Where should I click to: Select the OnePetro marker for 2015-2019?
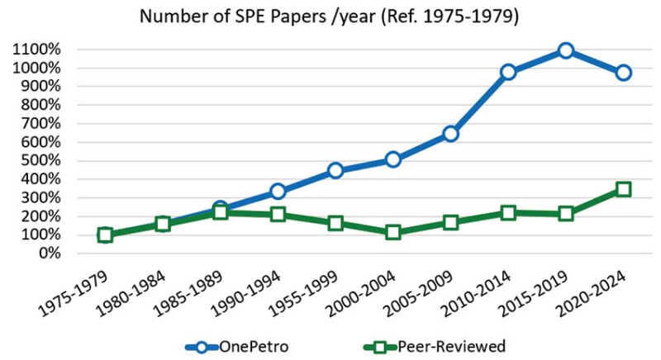(565, 51)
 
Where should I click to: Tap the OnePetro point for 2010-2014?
(508, 72)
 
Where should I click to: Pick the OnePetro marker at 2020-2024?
(623, 73)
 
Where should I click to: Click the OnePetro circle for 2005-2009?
(450, 133)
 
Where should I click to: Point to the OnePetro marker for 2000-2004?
(393, 159)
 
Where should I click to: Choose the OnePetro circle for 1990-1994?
(278, 192)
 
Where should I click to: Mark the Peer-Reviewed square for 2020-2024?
(623, 189)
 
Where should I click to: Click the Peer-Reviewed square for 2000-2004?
(393, 232)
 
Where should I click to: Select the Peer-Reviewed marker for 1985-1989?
(220, 212)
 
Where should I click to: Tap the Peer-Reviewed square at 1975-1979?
(105, 234)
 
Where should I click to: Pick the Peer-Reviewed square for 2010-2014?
(508, 212)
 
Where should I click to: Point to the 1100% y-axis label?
(36, 50)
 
